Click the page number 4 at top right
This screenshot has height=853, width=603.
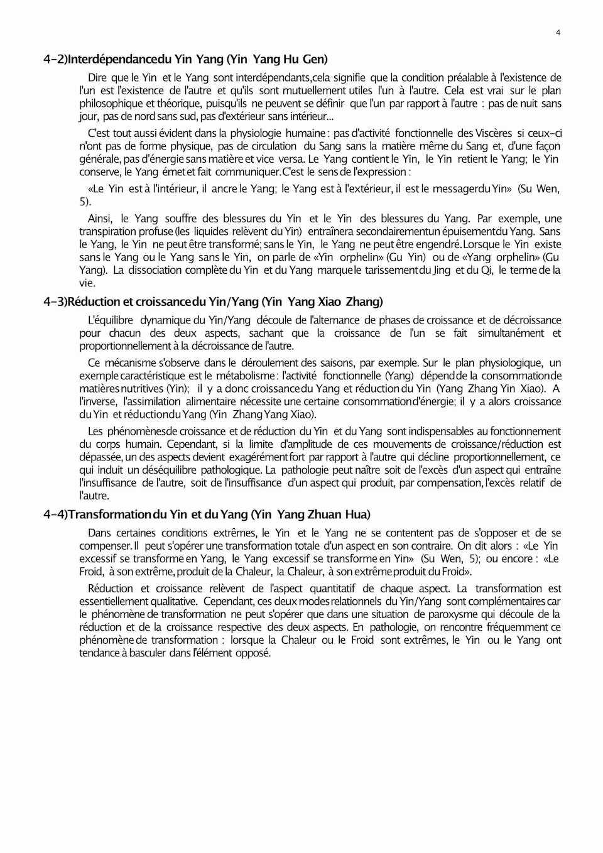point(558,33)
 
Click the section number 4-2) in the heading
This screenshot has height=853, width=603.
point(55,60)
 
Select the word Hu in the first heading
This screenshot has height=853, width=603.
point(291,60)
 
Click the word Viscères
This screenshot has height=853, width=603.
point(494,133)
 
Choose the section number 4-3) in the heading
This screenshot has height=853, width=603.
point(55,302)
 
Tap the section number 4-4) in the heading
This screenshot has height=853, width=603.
point(55,515)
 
